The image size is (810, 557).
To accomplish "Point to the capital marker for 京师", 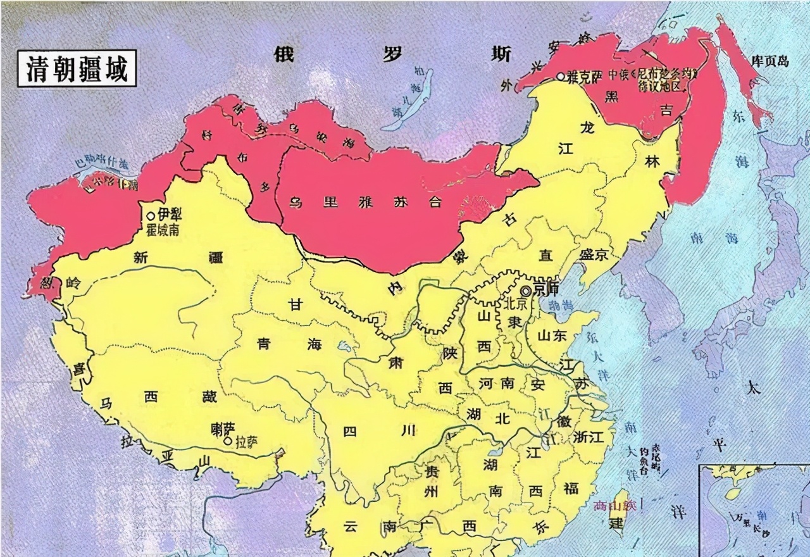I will coord(526,291).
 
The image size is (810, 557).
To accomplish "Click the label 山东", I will coord(552,337).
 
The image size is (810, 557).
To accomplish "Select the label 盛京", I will coord(594,254).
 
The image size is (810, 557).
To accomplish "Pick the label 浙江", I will coord(590,437).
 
